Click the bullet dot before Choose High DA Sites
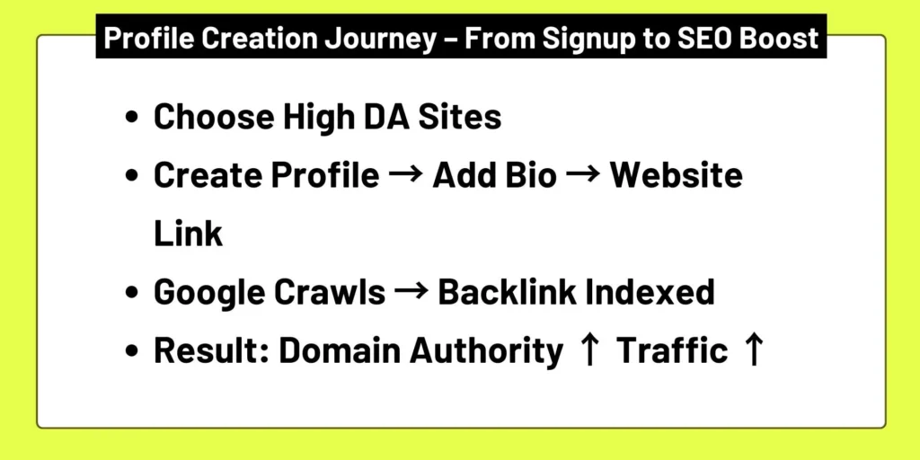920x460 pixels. tap(133, 119)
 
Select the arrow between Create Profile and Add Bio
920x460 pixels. tap(405, 176)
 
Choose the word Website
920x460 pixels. tap(677, 176)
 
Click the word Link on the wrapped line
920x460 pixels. tap(188, 234)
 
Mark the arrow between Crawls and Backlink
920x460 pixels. tap(411, 293)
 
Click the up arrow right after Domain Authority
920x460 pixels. tap(589, 351)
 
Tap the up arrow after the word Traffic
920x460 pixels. tap(753, 351)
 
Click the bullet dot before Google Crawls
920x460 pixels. tap(133, 294)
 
